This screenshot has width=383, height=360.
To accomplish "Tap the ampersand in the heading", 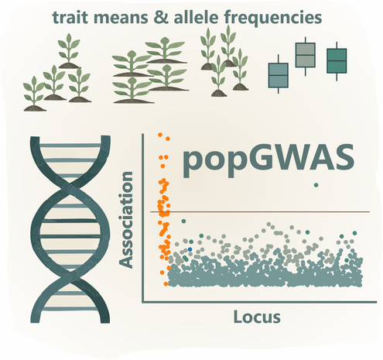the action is click(161, 18).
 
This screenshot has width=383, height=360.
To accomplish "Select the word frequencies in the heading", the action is click(273, 19).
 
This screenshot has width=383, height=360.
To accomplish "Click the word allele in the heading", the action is click(197, 17).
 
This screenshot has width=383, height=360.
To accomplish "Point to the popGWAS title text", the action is click(268, 160).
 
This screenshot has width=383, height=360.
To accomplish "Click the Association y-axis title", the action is click(126, 220).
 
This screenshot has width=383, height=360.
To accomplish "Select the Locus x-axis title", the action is click(257, 317).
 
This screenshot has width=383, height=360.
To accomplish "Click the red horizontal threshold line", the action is click(260, 212).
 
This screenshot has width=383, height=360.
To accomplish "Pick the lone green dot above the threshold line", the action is click(316, 185).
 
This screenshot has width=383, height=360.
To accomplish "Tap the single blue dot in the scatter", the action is click(190, 249).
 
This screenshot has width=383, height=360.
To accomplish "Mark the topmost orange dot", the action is click(160, 135).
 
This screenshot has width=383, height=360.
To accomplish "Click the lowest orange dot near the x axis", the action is click(166, 284).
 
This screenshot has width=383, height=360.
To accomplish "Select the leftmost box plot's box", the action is click(278, 75).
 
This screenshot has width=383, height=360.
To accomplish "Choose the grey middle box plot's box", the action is click(305, 55).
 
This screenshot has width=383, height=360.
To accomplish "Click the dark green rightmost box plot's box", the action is click(337, 60).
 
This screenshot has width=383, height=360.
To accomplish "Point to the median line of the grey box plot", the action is click(305, 55).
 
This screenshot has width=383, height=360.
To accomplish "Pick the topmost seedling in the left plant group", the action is click(69, 51).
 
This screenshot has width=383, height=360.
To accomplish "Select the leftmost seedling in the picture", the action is click(34, 94).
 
